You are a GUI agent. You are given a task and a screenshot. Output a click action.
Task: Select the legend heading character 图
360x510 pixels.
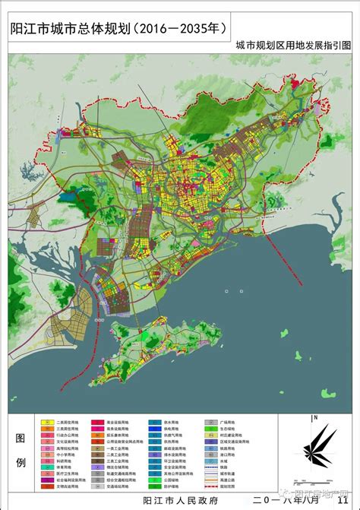[21, 438]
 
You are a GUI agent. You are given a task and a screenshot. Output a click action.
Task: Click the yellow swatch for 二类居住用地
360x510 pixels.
[44, 420]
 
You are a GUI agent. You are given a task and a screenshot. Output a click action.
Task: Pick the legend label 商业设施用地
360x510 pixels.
[119, 420]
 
